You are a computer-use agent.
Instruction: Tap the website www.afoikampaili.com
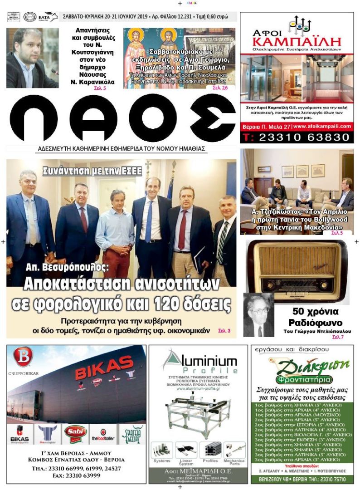[x=322, y=126]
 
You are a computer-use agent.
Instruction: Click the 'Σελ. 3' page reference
[x=224, y=331]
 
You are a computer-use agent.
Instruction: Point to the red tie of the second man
[x=83, y=220]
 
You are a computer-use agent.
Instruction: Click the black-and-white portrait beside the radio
[x=258, y=315]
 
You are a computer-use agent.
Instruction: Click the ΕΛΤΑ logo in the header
[x=48, y=17]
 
